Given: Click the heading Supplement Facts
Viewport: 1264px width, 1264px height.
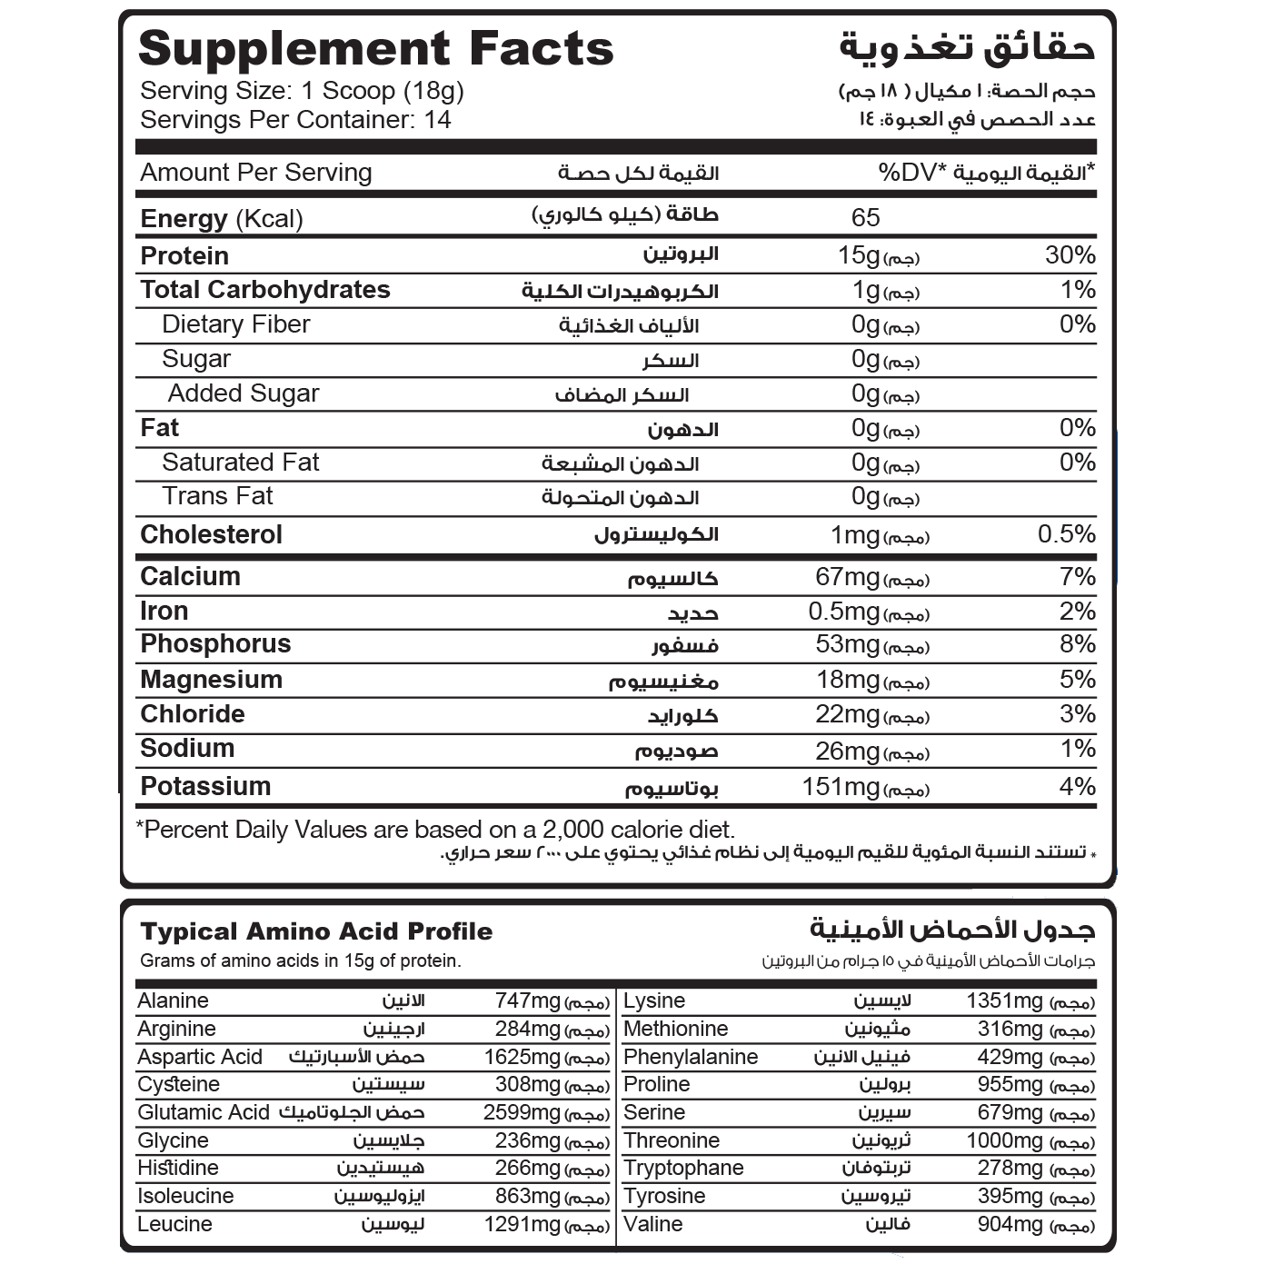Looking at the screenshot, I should click(x=376, y=49).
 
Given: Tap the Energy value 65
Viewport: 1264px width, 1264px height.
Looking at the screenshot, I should click(x=865, y=218).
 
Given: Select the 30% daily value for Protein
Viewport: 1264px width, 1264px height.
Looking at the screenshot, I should click(x=1070, y=255).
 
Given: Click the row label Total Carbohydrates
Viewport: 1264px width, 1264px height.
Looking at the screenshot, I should click(x=265, y=290).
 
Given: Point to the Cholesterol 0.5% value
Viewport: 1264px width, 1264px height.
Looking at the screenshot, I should click(x=1066, y=534).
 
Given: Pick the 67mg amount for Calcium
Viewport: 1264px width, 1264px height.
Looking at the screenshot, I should click(x=847, y=577).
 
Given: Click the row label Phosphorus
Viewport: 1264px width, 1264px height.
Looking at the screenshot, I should click(x=215, y=644).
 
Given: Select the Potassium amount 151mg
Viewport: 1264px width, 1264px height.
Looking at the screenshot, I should click(x=841, y=787).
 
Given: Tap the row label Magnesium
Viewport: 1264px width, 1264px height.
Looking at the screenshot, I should click(x=211, y=680).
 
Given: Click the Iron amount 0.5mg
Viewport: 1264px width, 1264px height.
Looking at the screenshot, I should click(x=844, y=612).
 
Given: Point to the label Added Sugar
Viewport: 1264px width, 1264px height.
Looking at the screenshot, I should click(x=244, y=393).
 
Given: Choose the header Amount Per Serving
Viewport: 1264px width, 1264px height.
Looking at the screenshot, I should click(x=256, y=173).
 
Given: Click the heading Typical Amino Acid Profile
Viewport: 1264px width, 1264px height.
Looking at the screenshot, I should click(x=316, y=931).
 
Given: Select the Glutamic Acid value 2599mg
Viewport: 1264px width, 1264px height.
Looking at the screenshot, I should click(x=522, y=1112).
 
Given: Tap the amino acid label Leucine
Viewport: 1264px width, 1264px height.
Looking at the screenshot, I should click(x=174, y=1224).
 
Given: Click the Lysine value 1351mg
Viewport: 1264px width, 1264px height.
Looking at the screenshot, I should click(x=1004, y=1001).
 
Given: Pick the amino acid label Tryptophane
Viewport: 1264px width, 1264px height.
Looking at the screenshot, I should click(x=683, y=1168).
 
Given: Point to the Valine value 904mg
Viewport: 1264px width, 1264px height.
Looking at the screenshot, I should click(x=1010, y=1224).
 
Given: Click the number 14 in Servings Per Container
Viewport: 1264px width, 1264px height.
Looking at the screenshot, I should click(x=437, y=120).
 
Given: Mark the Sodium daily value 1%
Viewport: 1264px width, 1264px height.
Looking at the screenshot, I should click(x=1078, y=749).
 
